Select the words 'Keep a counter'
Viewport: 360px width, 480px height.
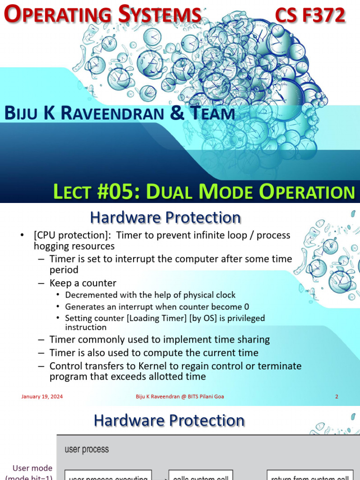coord(83,283)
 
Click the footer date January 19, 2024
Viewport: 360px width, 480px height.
coord(42,397)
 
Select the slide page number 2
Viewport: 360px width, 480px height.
coord(337,397)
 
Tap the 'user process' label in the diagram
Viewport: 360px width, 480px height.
coord(86,450)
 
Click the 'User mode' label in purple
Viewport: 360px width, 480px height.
coord(32,468)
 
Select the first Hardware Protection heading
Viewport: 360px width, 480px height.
coord(165,218)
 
